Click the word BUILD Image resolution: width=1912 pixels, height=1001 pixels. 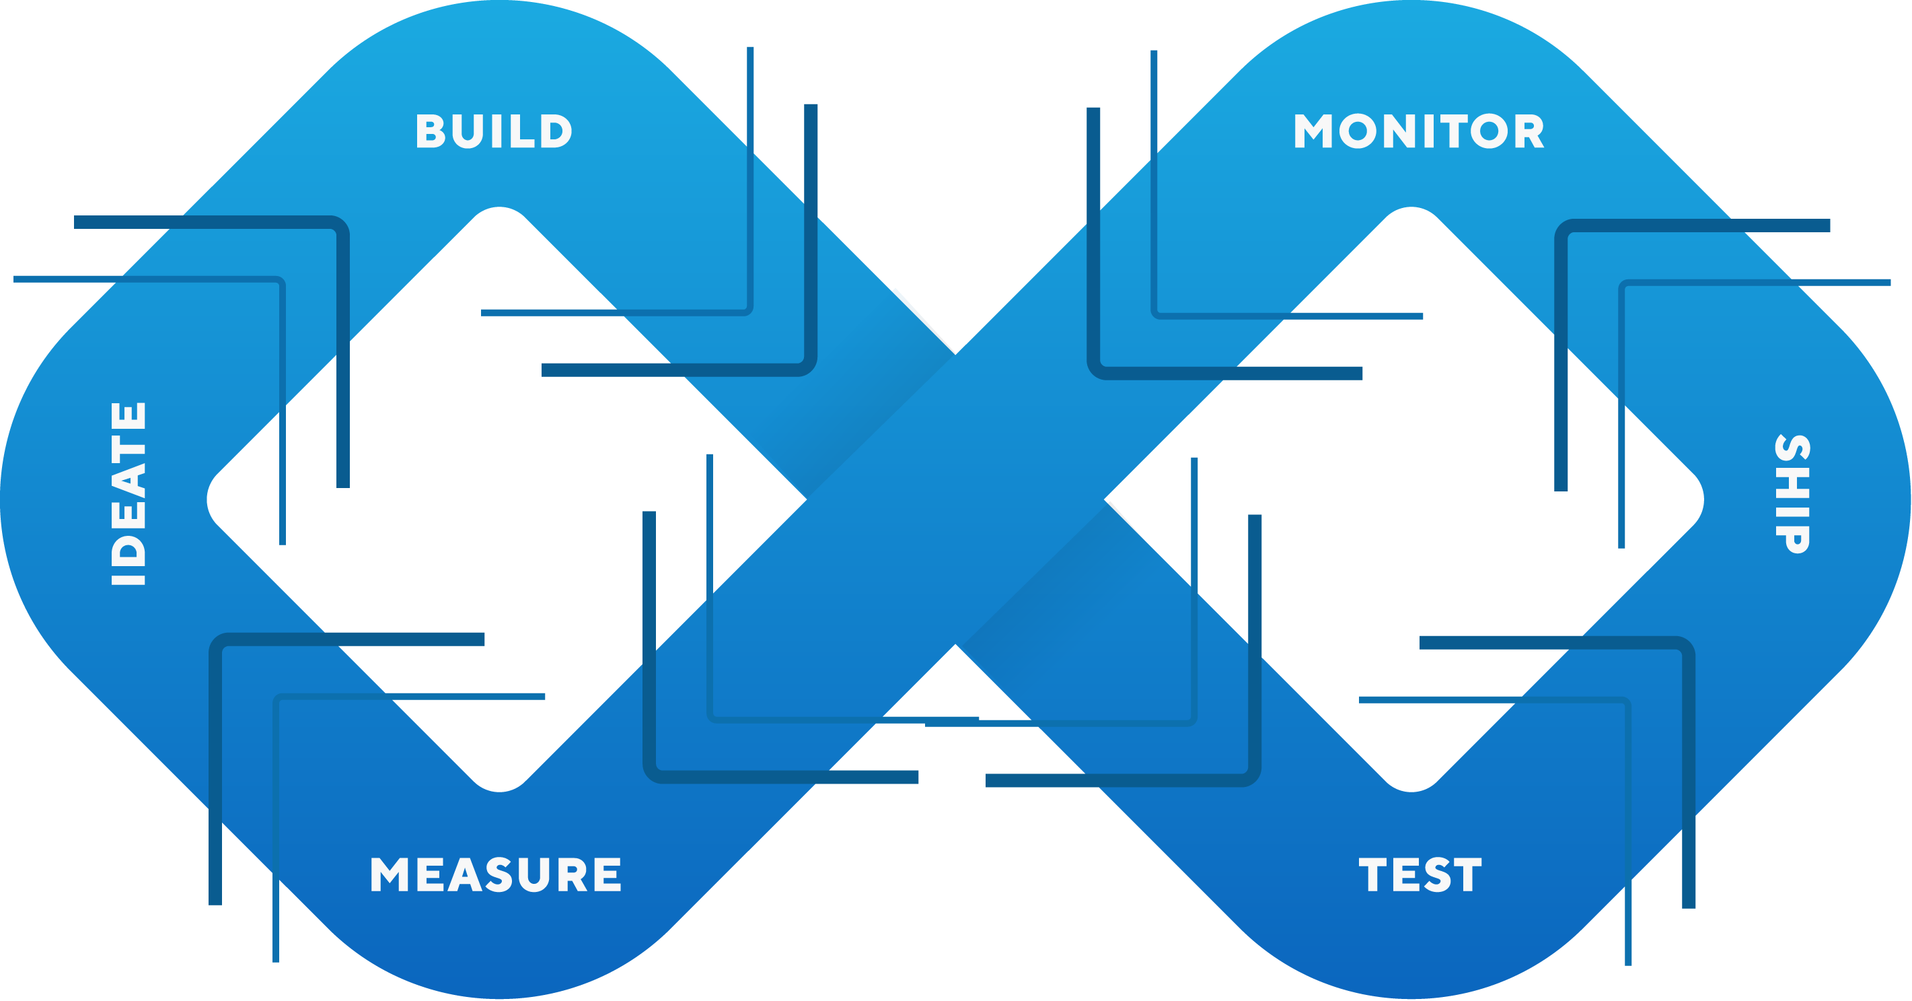pos(494,131)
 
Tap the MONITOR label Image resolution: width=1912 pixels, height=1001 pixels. pos(1418,131)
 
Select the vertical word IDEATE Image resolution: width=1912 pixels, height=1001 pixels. pos(129,494)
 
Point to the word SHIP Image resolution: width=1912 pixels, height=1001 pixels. pos(1792,494)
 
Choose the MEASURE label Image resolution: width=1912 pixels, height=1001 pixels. pos(495,874)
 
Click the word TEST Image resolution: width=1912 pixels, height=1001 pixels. pos(1420,874)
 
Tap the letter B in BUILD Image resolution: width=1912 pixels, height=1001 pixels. pos(430,131)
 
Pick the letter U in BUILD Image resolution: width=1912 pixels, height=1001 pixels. pos(468,131)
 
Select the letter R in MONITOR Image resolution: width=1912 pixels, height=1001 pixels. pos(1529,131)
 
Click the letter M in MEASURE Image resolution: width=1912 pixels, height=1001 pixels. pos(389,874)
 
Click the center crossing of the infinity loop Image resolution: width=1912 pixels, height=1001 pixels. pos(955,499)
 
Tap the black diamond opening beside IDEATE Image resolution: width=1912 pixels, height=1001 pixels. pos(499,499)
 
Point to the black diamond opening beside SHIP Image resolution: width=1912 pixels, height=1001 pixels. pos(1410,499)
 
